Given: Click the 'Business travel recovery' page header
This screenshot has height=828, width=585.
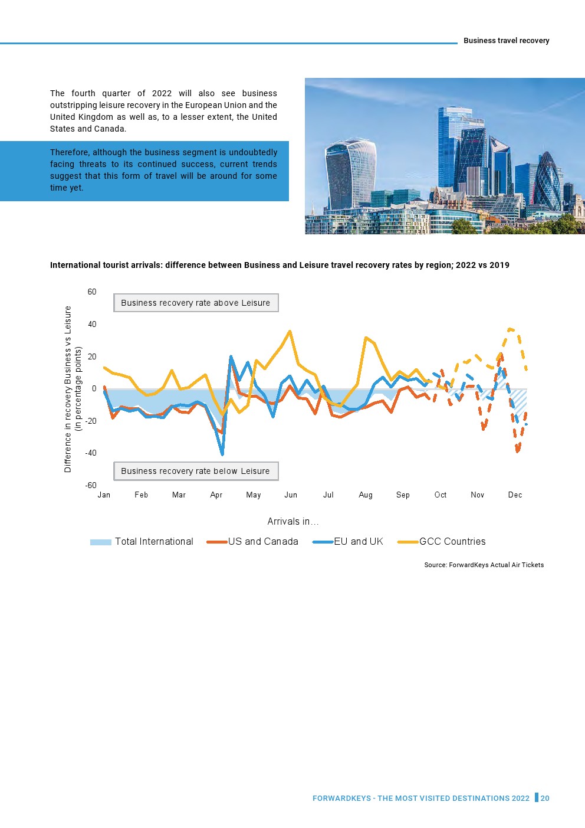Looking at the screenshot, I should click(506, 41).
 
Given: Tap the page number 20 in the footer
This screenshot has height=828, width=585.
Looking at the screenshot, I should click(545, 798).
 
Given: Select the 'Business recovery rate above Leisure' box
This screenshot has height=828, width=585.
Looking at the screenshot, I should click(196, 303).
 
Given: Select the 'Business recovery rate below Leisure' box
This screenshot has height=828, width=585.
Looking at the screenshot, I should click(196, 471).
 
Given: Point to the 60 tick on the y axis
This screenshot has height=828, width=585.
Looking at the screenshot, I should click(92, 292).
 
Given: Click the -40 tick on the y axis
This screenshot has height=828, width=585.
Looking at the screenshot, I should click(91, 453).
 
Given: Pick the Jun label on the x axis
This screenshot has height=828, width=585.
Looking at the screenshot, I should click(291, 495).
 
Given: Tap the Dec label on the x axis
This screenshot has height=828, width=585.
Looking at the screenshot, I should click(515, 495).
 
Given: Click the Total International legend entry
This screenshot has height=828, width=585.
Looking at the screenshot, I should click(142, 542).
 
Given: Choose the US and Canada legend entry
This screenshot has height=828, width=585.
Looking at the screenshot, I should click(253, 542).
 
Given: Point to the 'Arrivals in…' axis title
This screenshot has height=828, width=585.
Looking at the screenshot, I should click(293, 521).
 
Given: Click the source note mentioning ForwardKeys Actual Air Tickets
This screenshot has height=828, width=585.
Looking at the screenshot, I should click(484, 565).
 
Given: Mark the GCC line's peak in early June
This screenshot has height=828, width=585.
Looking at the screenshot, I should click(290, 331).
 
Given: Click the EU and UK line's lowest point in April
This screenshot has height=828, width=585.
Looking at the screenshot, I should click(222, 454).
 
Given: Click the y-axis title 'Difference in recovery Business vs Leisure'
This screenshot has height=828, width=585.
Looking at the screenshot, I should click(68, 389).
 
